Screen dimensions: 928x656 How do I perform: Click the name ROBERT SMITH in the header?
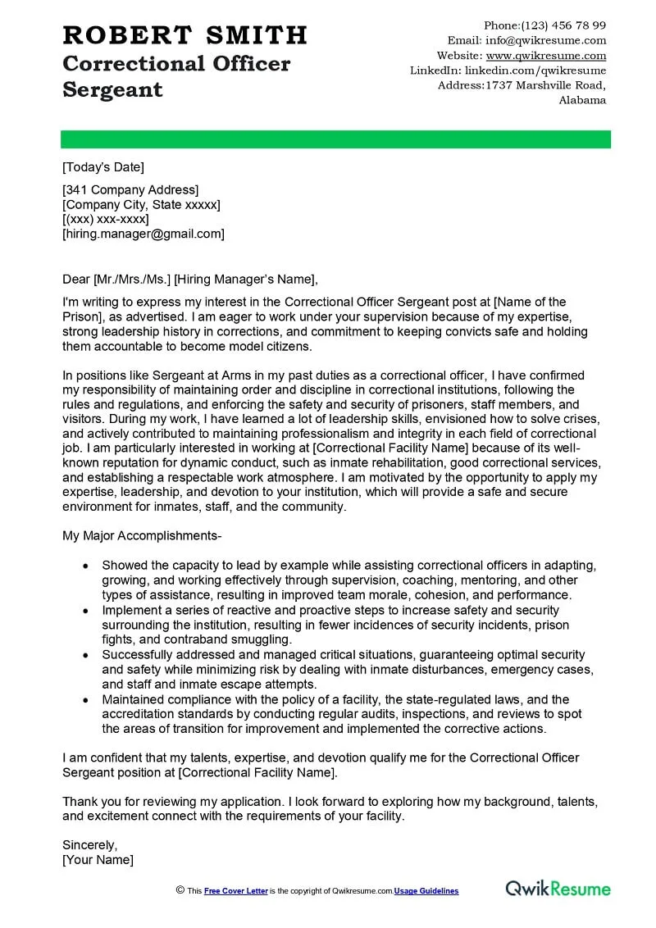[x=184, y=35]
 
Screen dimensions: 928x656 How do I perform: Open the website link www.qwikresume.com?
[x=546, y=56]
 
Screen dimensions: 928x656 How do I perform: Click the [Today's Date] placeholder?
[x=103, y=167]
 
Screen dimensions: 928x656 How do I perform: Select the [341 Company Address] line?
[x=130, y=190]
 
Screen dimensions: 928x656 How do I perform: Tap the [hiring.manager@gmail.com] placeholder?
[x=143, y=234]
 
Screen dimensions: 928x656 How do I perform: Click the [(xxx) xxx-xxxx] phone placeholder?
[x=106, y=219]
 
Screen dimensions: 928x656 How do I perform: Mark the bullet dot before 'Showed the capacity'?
[x=86, y=566]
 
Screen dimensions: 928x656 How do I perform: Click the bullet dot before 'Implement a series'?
[x=86, y=610]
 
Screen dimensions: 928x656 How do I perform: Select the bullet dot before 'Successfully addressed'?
[x=86, y=654]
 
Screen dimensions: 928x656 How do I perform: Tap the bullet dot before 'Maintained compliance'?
[x=86, y=699]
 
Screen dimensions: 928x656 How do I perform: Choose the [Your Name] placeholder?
[x=98, y=860]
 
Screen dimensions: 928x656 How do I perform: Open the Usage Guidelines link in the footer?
[x=426, y=891]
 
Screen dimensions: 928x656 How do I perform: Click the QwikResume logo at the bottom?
[x=558, y=889]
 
